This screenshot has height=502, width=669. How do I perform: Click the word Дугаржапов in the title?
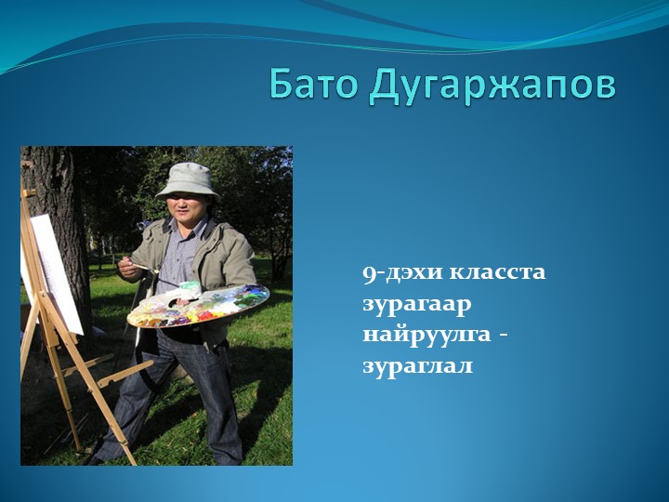point(492,86)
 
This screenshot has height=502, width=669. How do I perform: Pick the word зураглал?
point(417,365)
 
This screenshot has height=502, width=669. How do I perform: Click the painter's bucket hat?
point(188,178)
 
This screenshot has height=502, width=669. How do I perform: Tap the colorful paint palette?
point(199,304)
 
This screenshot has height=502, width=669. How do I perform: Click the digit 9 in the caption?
point(369,273)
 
